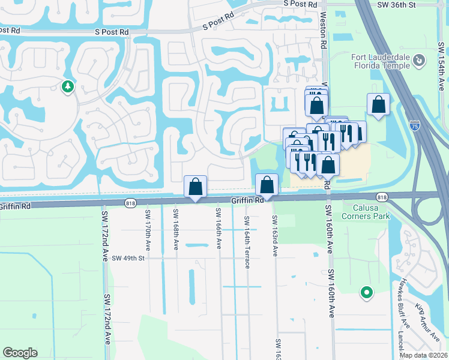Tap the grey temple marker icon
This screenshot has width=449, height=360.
(419, 60)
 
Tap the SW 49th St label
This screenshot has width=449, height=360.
(129, 258)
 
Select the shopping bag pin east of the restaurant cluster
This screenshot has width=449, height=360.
(379, 104)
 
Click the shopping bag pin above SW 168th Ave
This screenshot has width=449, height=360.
(195, 187)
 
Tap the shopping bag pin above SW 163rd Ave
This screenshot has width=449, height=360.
(267, 185)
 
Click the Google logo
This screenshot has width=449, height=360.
(20, 353)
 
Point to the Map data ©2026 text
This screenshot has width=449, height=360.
(424, 355)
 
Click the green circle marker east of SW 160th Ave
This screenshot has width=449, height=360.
(366, 293)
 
